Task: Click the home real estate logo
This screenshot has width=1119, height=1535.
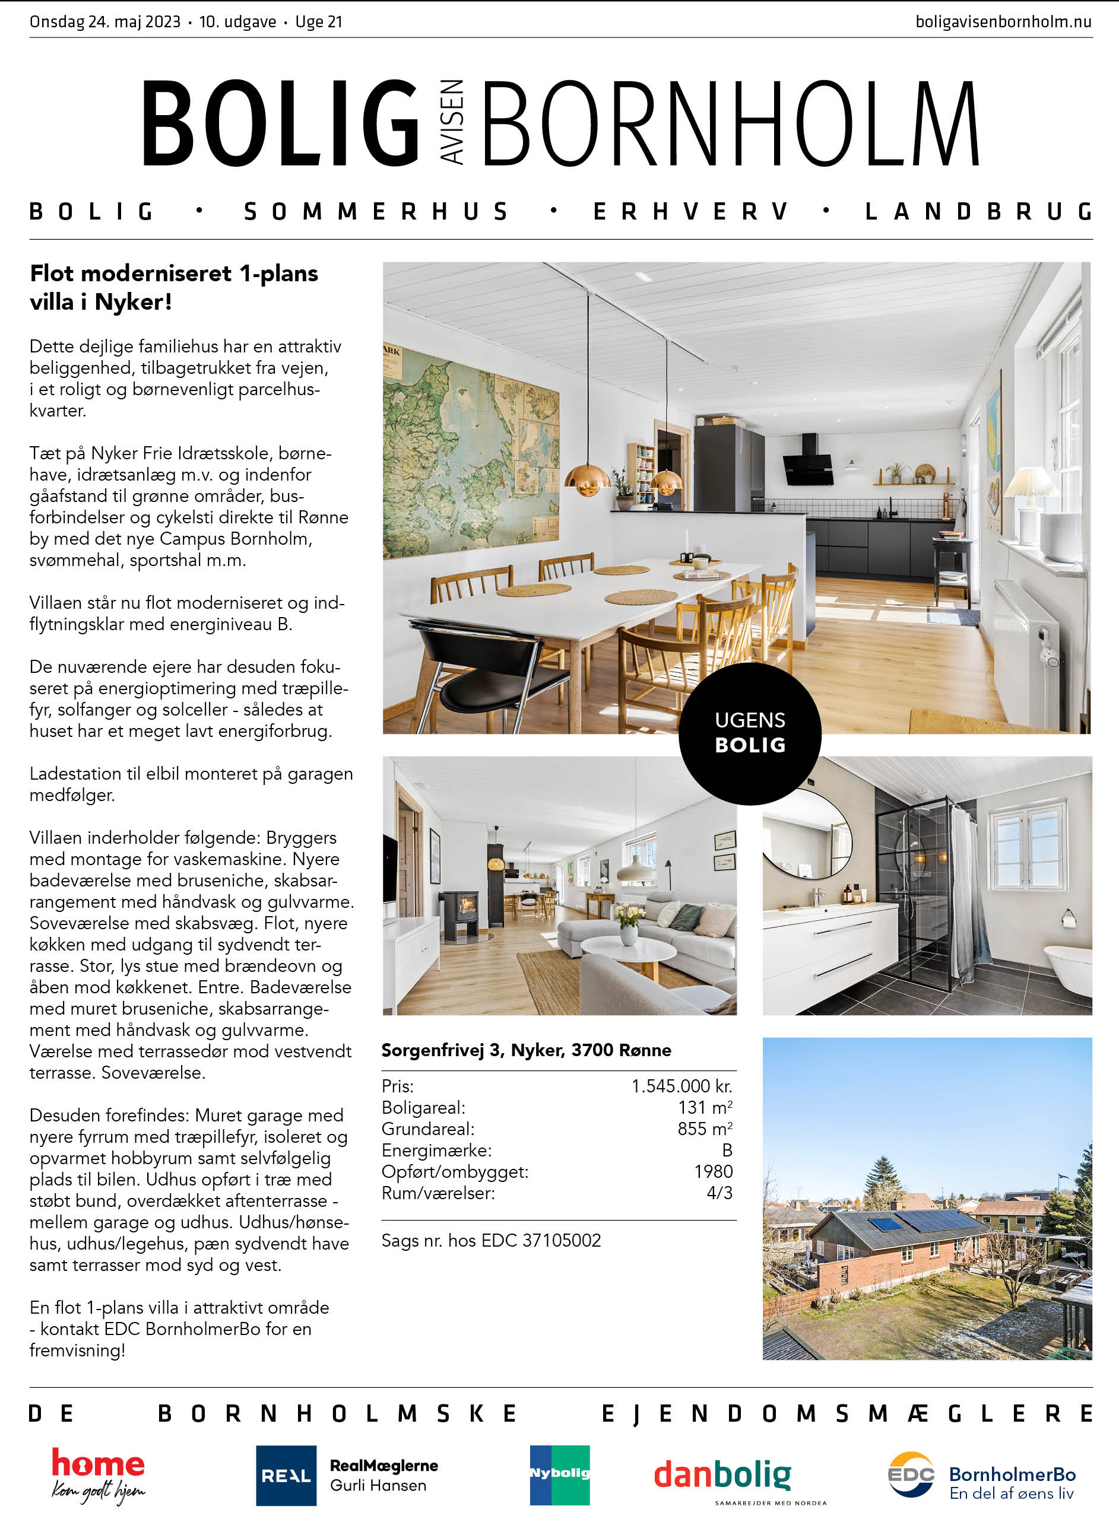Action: pos(98,1474)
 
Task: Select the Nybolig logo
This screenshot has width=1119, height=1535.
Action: pos(559,1474)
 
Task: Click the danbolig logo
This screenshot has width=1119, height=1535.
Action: pos(722,1474)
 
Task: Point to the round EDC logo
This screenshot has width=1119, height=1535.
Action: pos(911,1474)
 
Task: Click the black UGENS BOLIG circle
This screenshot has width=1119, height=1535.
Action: pos(750,733)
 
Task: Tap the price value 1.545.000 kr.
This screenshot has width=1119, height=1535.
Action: pos(681,1086)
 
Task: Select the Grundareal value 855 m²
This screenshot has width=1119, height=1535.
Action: pos(705,1129)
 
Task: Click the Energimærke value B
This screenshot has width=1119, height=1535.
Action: pos(727,1150)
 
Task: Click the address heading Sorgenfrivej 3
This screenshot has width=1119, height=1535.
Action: pos(525,1050)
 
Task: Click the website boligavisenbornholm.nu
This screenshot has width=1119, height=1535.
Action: pos(1003,22)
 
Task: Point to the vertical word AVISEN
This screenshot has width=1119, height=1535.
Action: pos(452,122)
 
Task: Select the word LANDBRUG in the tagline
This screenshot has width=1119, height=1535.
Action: pos(978,212)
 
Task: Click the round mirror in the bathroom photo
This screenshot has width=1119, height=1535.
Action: pos(806,836)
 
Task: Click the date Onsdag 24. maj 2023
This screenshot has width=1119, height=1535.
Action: pos(105,22)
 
